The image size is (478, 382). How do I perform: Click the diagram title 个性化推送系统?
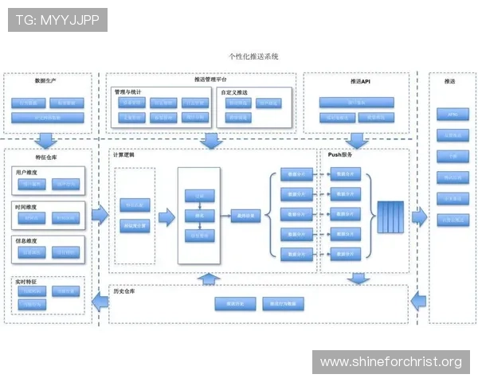tap(253, 57)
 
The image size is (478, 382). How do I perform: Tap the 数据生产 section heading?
tap(45, 81)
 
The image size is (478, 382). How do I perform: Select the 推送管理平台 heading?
tap(210, 80)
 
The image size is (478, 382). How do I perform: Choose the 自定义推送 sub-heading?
tap(234, 92)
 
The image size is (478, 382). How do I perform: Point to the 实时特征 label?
tap(26, 281)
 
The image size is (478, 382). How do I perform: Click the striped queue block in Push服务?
tap(390, 215)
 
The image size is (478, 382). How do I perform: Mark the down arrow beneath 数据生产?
tap(45, 140)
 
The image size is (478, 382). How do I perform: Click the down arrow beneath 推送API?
tap(358, 140)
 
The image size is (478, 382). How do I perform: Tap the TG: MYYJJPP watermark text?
tap(57, 20)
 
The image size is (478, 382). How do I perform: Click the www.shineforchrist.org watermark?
tap(390, 362)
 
